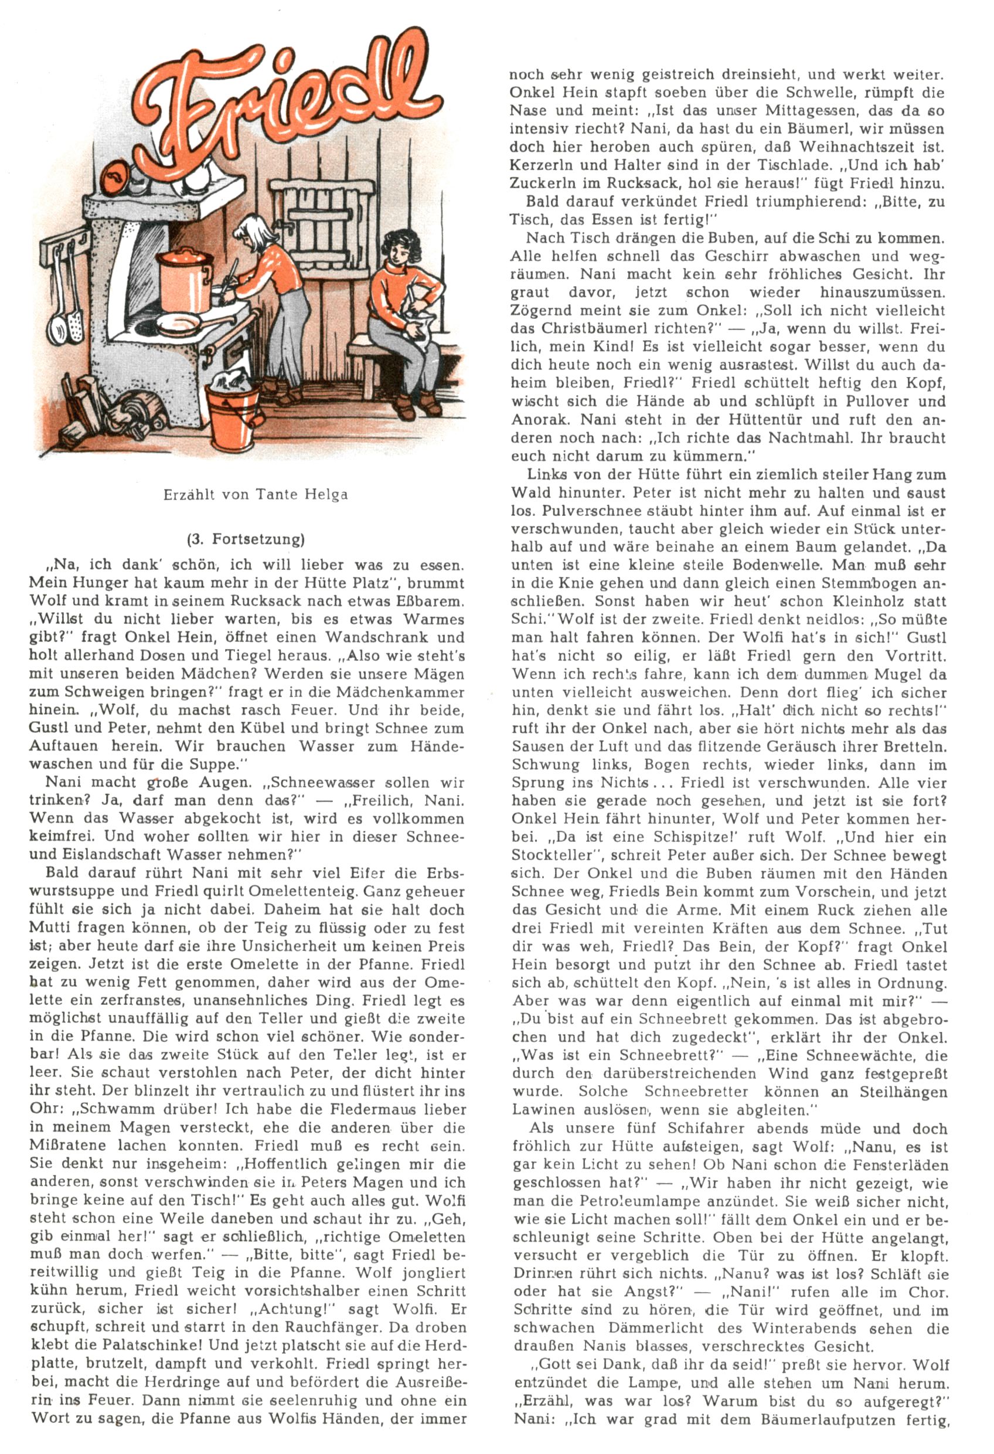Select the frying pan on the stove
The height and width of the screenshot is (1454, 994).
176,324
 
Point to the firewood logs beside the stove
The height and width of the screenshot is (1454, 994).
134,410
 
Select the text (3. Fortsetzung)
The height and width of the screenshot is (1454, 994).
246,539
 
